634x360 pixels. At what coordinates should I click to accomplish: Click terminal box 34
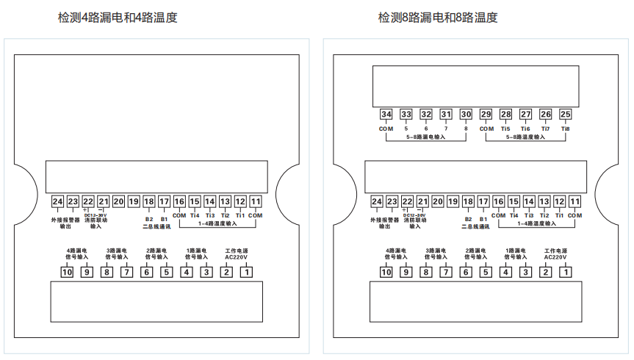pyautogui.click(x=386, y=114)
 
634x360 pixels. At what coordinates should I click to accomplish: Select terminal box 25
pyautogui.click(x=565, y=114)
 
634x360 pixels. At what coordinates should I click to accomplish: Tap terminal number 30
pyautogui.click(x=466, y=114)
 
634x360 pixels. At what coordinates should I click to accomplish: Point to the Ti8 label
pyautogui.click(x=565, y=129)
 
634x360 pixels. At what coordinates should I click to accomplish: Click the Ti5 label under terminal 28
pyautogui.click(x=505, y=129)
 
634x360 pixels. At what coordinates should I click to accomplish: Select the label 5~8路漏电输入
pyautogui.click(x=426, y=137)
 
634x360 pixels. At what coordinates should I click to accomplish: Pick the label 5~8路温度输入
pyautogui.click(x=525, y=137)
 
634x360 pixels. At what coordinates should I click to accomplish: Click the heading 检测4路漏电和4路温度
pyautogui.click(x=118, y=18)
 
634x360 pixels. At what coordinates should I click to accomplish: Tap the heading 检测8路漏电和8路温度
pyautogui.click(x=438, y=18)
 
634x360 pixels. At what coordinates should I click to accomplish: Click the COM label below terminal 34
pyautogui.click(x=386, y=129)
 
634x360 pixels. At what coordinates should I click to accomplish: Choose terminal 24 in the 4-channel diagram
pyautogui.click(x=58, y=201)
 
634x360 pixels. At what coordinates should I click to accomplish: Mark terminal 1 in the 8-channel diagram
pyautogui.click(x=566, y=272)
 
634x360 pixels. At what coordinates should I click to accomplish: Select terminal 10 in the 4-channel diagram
pyautogui.click(x=67, y=272)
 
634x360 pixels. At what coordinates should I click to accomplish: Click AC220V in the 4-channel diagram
pyautogui.click(x=237, y=257)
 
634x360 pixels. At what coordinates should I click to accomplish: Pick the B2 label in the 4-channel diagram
pyautogui.click(x=148, y=219)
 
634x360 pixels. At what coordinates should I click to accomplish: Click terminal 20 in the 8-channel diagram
pyautogui.click(x=438, y=201)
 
